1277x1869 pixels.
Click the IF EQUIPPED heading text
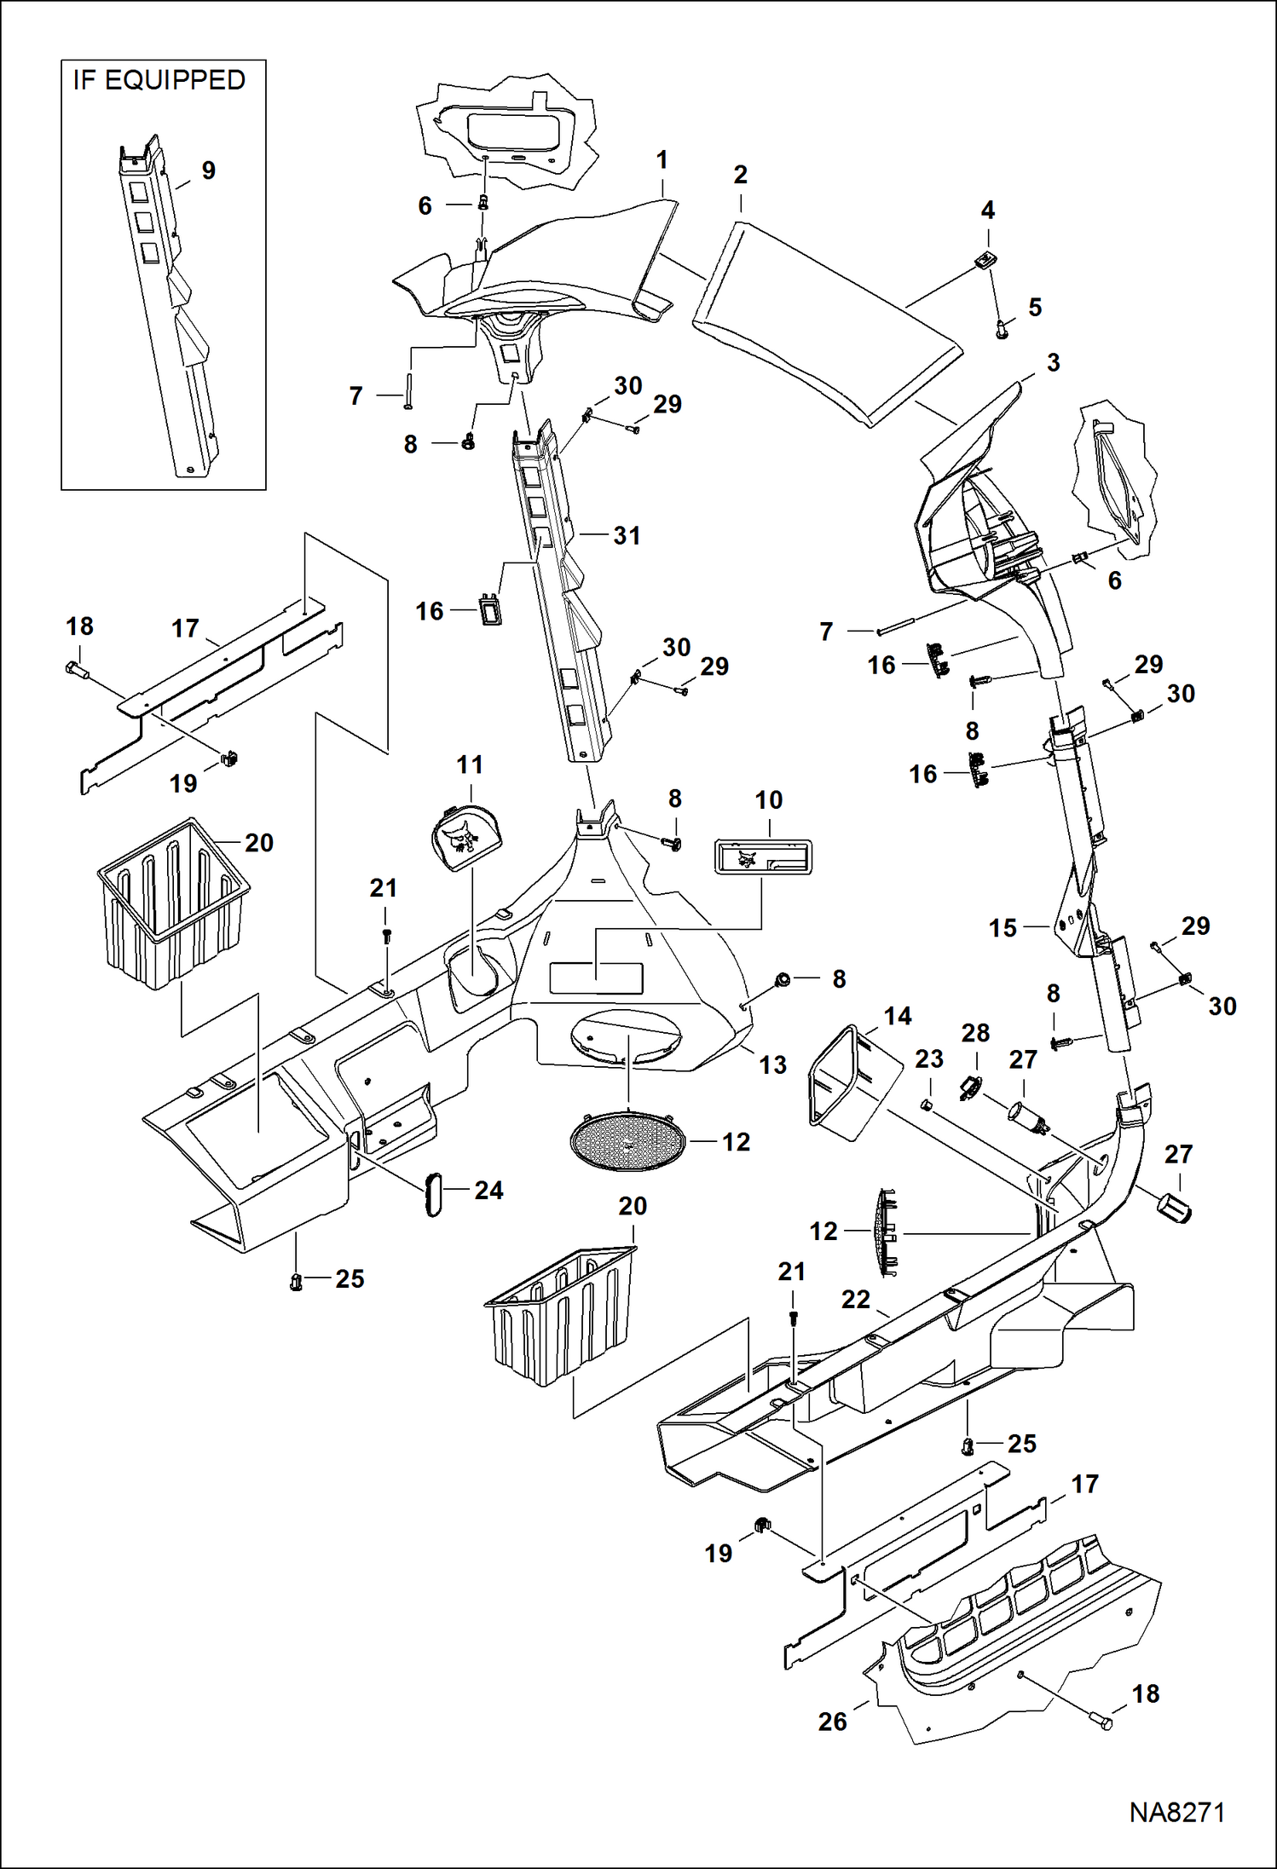(159, 80)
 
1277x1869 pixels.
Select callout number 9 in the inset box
(208, 170)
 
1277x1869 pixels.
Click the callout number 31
(627, 535)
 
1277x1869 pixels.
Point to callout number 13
(772, 1064)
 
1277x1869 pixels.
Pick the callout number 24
(488, 1190)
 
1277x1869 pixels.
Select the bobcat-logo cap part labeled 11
(466, 839)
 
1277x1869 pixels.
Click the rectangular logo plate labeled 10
(762, 857)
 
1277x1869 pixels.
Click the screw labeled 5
(1003, 328)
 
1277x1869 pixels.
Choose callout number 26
(832, 1722)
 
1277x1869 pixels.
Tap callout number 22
(856, 1299)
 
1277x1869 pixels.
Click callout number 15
(1003, 928)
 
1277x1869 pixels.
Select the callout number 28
(975, 1033)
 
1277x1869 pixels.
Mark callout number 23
(928, 1059)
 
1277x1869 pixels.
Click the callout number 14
(897, 1016)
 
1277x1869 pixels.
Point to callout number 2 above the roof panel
(740, 175)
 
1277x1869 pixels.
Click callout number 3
(1053, 362)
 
